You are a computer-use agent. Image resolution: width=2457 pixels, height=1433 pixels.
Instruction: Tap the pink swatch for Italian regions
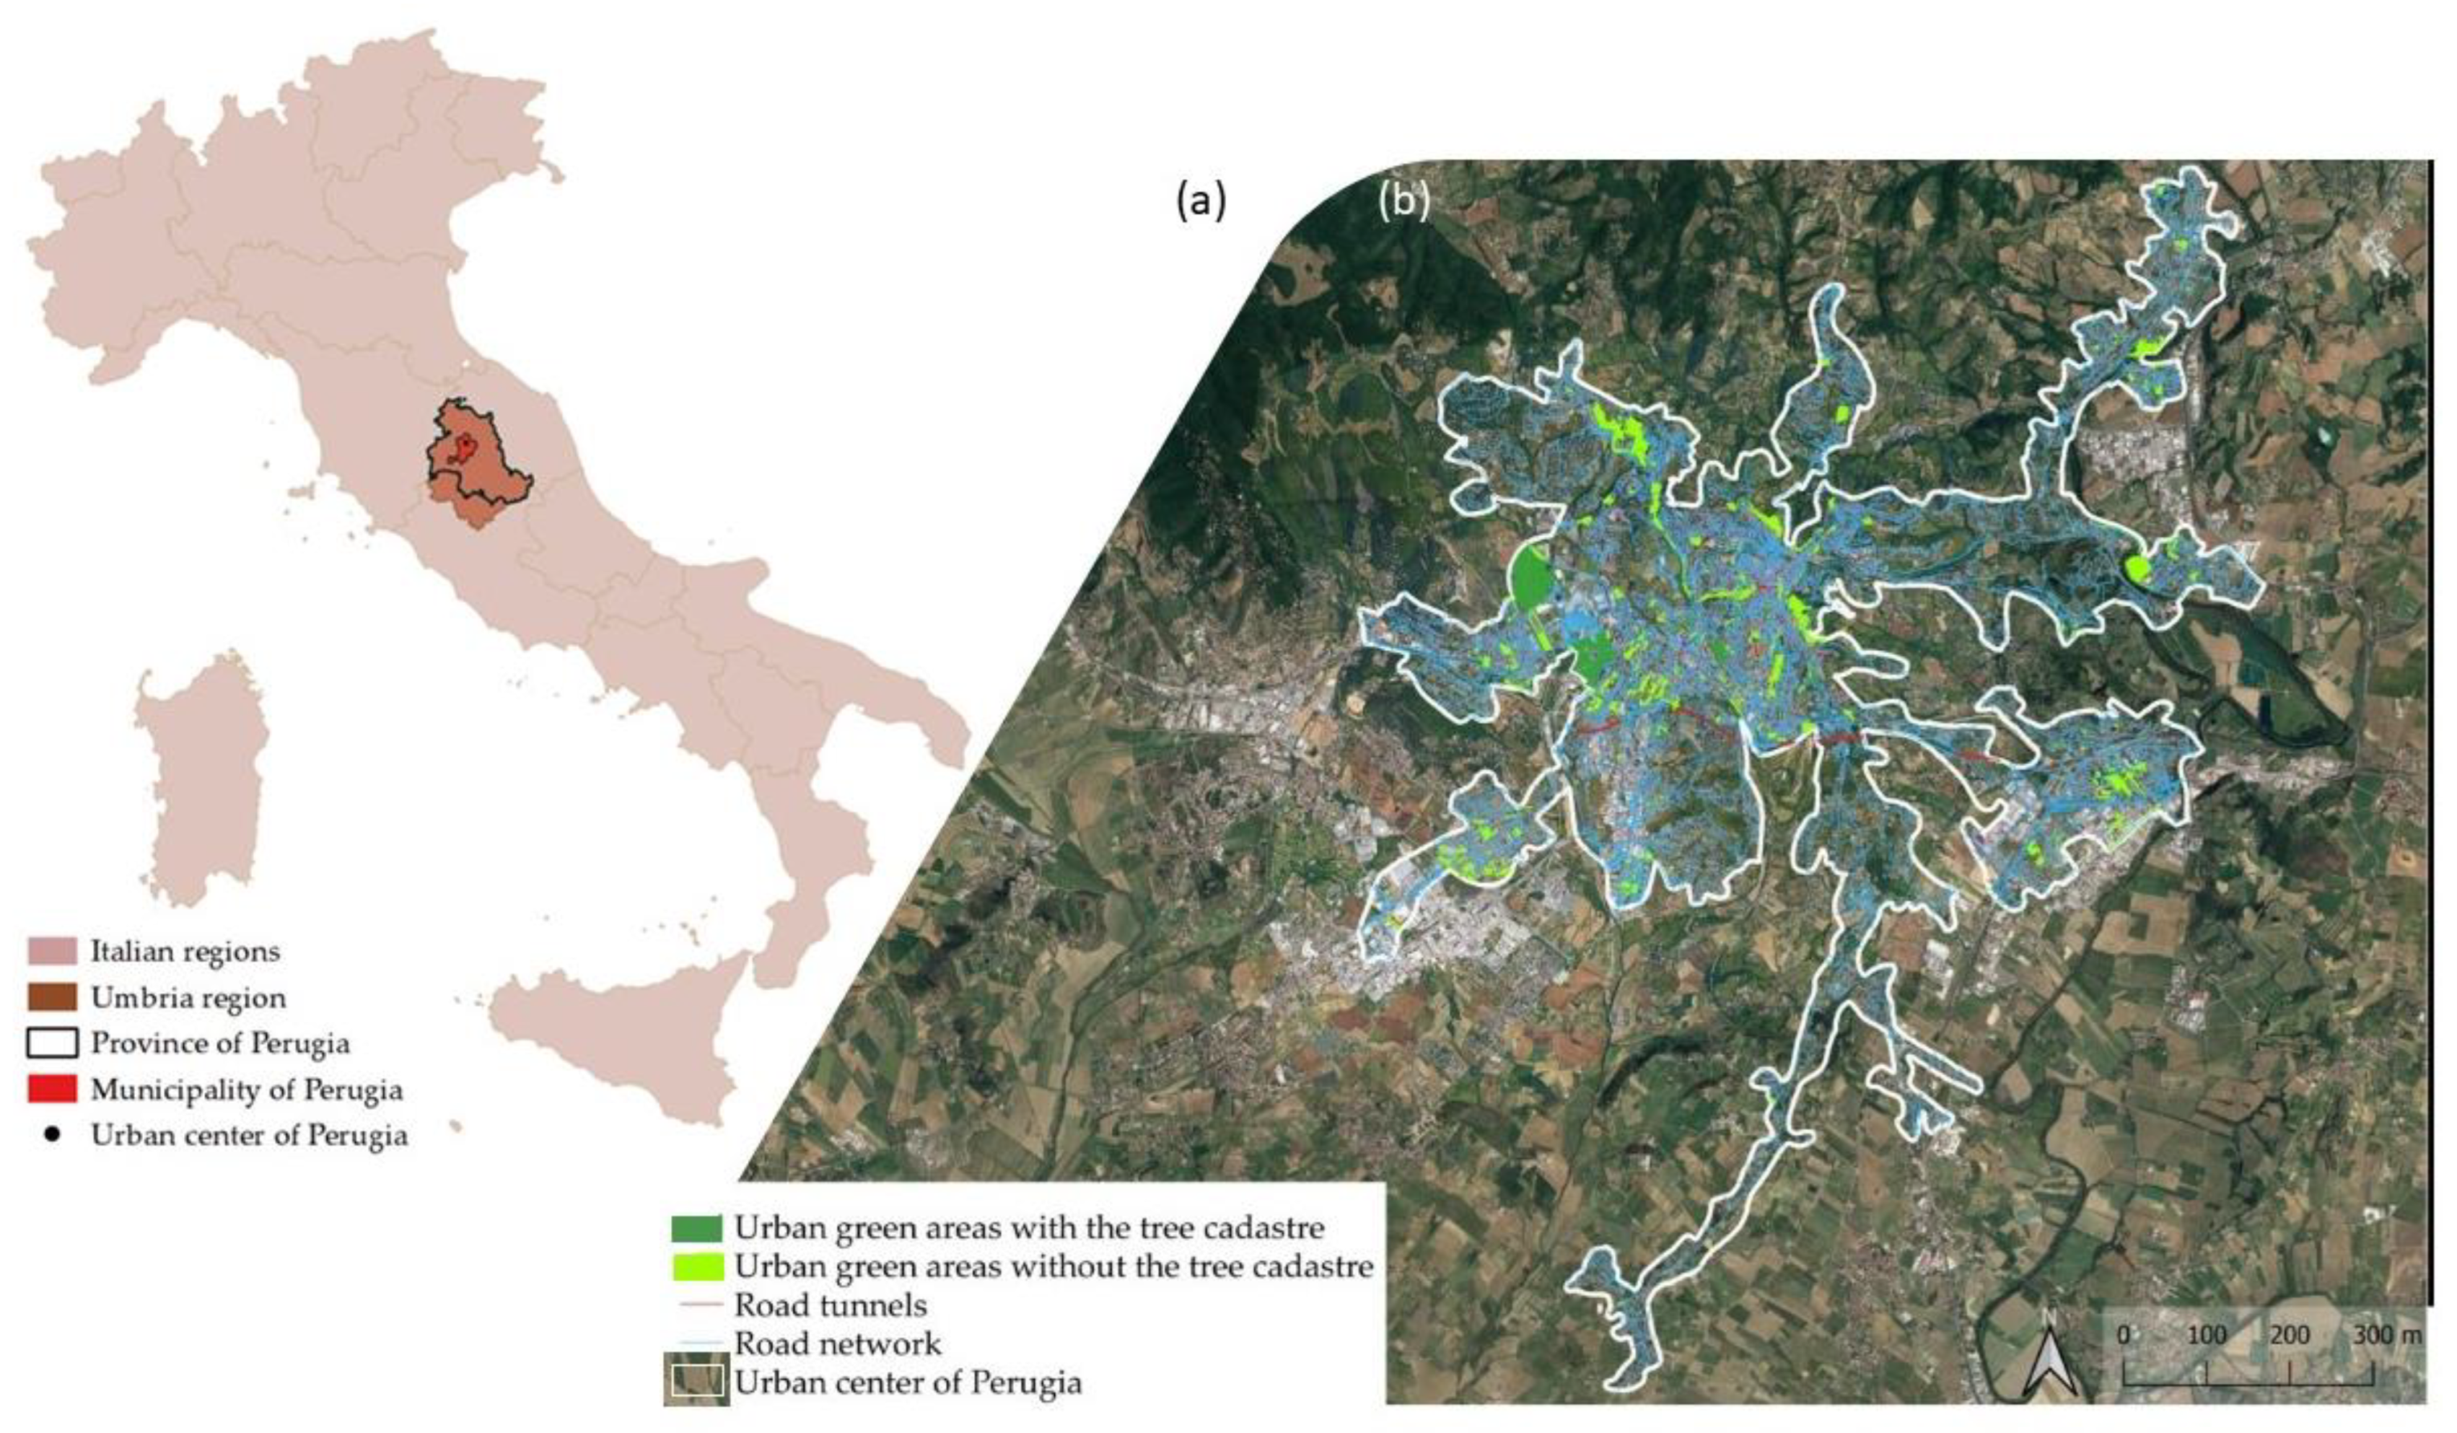pyautogui.click(x=53, y=952)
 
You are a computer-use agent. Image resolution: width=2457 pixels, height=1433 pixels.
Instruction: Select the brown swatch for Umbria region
pyautogui.click(x=53, y=997)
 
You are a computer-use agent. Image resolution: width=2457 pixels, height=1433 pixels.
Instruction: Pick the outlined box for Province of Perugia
pyautogui.click(x=53, y=1043)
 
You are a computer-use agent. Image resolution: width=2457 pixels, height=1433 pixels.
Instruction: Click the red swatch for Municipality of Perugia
pyautogui.click(x=53, y=1089)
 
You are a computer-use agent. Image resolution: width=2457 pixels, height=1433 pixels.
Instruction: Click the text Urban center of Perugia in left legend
pyautogui.click(x=249, y=1136)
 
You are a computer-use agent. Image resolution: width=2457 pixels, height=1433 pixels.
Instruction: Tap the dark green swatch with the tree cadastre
pyautogui.click(x=696, y=1228)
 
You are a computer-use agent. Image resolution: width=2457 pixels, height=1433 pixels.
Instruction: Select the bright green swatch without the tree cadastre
pyautogui.click(x=696, y=1266)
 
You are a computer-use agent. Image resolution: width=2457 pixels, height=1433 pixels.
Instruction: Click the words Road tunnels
pyautogui.click(x=830, y=1305)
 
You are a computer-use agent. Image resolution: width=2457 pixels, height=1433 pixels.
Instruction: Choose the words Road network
pyautogui.click(x=838, y=1344)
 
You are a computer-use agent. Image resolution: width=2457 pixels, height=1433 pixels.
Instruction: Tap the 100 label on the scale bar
pyautogui.click(x=2207, y=1335)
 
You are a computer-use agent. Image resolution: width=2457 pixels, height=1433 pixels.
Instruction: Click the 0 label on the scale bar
pyautogui.click(x=2124, y=1335)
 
